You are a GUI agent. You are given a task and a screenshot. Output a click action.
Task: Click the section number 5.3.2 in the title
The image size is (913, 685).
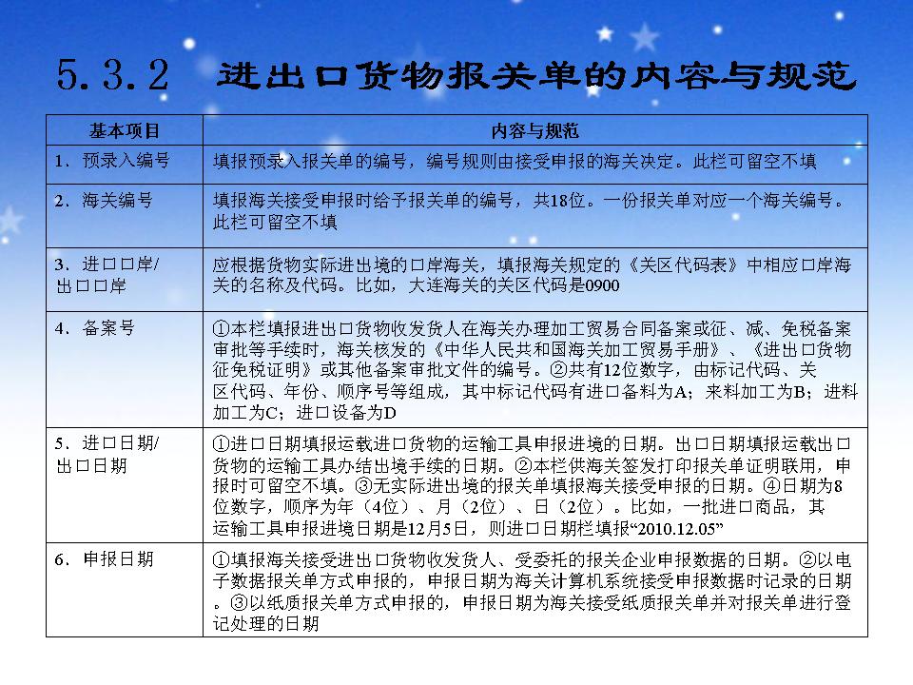pyautogui.click(x=113, y=75)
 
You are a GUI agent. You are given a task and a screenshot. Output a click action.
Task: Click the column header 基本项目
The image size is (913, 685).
pyautogui.click(x=125, y=129)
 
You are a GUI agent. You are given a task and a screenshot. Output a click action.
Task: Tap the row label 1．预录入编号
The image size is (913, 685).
pyautogui.click(x=112, y=161)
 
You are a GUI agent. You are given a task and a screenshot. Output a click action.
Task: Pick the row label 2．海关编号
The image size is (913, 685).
pyautogui.click(x=104, y=201)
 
